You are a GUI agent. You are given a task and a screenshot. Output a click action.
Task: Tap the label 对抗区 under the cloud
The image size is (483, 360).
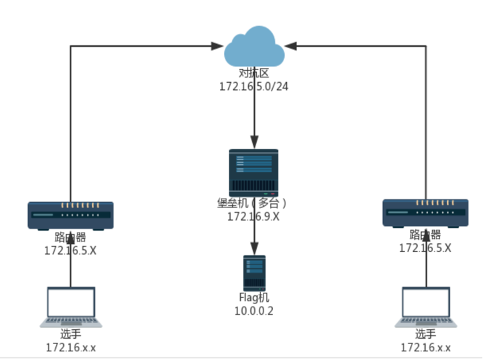click(x=254, y=74)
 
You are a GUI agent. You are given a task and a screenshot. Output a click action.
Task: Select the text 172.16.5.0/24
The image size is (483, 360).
click(x=254, y=87)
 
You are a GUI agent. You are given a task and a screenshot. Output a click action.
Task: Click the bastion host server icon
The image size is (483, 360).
click(x=254, y=173)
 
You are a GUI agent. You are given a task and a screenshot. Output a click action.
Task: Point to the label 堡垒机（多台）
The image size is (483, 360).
click(x=254, y=203)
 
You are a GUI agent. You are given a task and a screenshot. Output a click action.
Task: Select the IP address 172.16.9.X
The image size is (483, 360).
click(x=254, y=217)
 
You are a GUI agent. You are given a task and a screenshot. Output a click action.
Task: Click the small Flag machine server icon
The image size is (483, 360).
click(x=254, y=273)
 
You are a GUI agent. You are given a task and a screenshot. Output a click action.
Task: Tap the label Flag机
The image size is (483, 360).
click(x=254, y=297)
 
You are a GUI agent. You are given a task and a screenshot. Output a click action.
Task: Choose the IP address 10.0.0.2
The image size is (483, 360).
click(x=254, y=311)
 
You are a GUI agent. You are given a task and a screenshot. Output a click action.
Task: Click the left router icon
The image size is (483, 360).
click(x=70, y=215)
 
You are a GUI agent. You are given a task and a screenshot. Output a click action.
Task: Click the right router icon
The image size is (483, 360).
click(x=424, y=213)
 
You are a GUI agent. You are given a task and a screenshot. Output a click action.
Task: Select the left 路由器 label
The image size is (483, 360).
click(x=70, y=237)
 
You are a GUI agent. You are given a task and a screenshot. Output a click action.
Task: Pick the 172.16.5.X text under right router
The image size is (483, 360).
click(x=425, y=248)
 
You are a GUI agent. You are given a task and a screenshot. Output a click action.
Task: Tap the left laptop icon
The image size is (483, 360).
click(x=71, y=307)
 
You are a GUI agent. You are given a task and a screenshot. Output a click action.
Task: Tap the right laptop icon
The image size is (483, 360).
click(x=426, y=307)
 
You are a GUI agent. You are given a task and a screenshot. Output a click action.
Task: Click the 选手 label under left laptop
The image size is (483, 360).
click(x=71, y=334)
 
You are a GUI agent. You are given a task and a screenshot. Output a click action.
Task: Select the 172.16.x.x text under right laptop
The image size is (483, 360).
click(x=426, y=347)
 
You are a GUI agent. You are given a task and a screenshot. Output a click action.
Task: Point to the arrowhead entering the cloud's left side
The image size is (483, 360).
click(x=217, y=46)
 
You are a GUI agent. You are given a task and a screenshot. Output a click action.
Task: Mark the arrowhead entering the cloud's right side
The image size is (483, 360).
click(x=292, y=46)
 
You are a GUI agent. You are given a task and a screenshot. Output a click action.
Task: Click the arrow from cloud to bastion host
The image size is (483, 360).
click(x=254, y=113)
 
